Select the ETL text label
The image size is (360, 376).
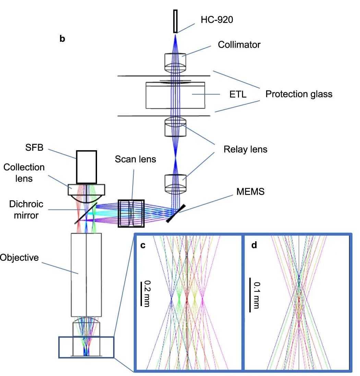(238, 94)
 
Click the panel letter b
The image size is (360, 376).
(62, 38)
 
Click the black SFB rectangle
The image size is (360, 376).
(86, 167)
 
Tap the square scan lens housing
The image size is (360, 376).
(131, 213)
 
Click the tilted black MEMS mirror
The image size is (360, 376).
(176, 214)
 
